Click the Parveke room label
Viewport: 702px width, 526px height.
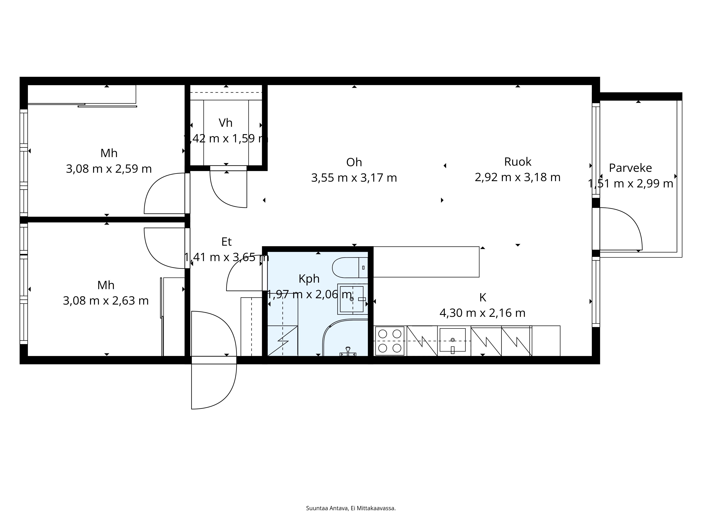[630, 168]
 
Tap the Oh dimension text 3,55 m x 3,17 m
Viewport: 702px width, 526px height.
[354, 178]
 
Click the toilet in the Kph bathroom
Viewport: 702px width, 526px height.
[349, 268]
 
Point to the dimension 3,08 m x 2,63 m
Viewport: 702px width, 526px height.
[106, 301]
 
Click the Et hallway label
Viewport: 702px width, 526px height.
[226, 242]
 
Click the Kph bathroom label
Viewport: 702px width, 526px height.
[309, 279]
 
